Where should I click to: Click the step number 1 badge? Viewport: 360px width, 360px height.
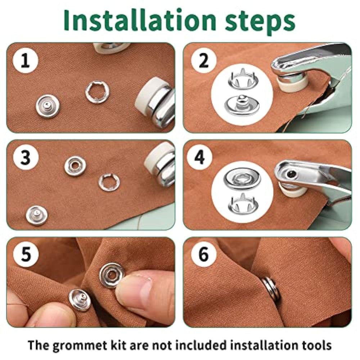coord(25,60)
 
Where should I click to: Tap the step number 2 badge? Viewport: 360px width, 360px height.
coord(204,60)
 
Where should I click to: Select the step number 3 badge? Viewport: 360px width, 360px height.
coord(26,158)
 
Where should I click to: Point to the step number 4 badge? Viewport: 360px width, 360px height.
coord(199,158)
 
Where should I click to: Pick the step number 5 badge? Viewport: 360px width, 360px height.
coord(26,255)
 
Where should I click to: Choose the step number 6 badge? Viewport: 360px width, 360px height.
coord(204,255)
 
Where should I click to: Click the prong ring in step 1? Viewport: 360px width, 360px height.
coord(97,92)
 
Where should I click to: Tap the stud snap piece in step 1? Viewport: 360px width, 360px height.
coord(48,106)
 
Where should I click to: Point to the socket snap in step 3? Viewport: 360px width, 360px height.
coord(75,166)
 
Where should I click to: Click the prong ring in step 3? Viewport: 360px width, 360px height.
coord(109,183)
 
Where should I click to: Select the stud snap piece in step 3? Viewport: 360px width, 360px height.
coord(37,215)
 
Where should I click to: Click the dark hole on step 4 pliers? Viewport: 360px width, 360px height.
coord(291,174)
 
